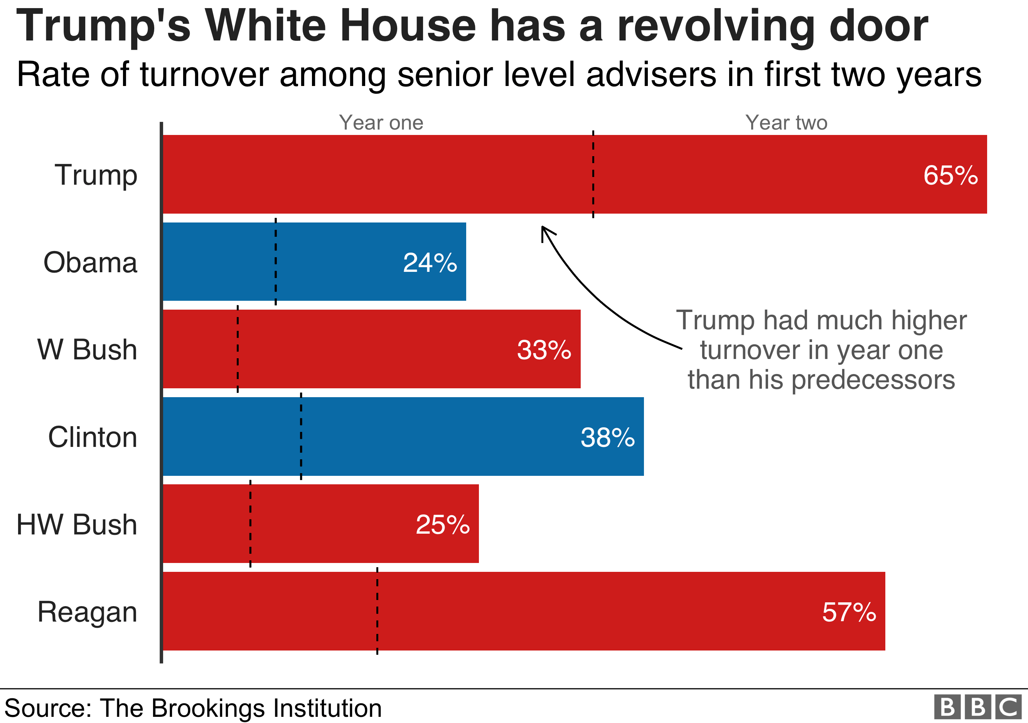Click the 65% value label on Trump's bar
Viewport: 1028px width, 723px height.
[950, 175]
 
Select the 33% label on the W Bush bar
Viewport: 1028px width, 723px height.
[544, 350]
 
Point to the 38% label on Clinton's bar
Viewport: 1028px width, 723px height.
[608, 437]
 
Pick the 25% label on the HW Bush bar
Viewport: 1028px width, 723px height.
[443, 525]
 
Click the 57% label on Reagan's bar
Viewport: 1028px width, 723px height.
[849, 612]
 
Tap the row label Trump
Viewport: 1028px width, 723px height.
[96, 175]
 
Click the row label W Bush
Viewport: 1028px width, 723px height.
[87, 350]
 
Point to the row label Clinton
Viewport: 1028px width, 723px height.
[92, 437]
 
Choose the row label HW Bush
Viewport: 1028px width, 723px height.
[77, 525]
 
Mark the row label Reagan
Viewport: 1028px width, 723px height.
[87, 612]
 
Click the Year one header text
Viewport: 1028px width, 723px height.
[381, 123]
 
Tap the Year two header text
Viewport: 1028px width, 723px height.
[786, 123]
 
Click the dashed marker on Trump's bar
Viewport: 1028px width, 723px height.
[593, 175]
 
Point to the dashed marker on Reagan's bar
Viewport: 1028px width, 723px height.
[377, 611]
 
